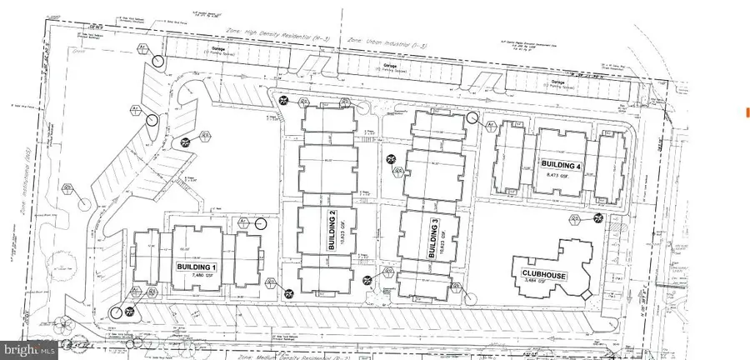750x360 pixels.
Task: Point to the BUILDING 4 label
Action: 560,163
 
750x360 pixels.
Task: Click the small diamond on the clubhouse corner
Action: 587,294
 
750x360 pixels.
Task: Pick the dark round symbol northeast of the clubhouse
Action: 597,218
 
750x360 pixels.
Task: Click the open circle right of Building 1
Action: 262,223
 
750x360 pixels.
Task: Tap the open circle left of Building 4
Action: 473,119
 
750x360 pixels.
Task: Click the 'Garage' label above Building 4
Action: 559,82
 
